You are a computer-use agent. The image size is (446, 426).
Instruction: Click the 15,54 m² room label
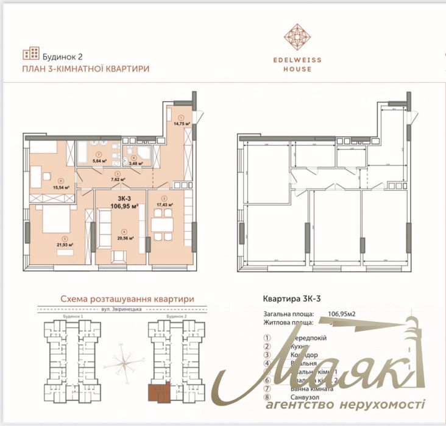[x=61, y=186]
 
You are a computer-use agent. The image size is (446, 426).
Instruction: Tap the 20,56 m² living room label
[x=124, y=238]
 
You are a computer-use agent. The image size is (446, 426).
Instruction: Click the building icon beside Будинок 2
[x=30, y=54]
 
